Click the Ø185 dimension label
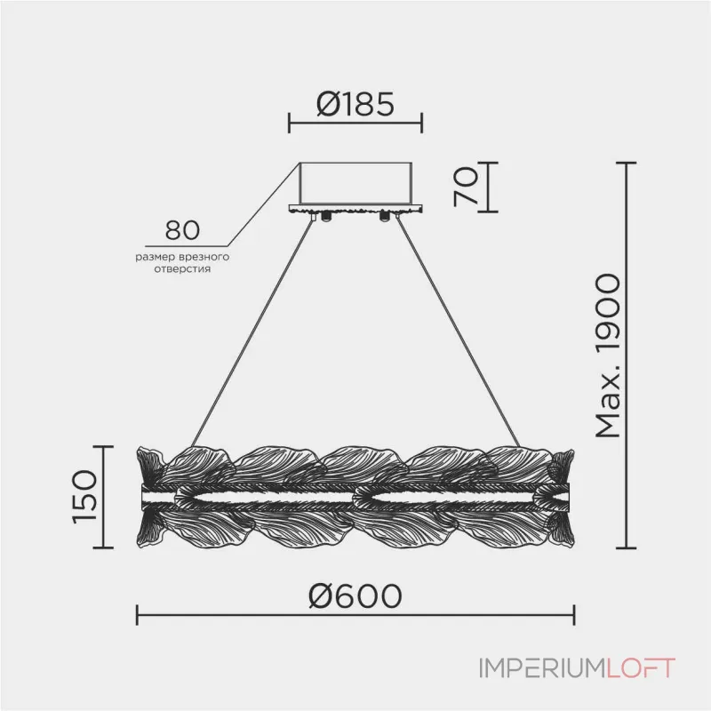pyautogui.click(x=355, y=104)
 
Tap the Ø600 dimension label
pyautogui.click(x=355, y=595)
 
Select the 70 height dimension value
pyautogui.click(x=467, y=187)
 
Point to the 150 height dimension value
pyautogui.click(x=84, y=498)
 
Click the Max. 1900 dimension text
pyautogui.click(x=608, y=356)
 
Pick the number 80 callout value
pyautogui.click(x=182, y=230)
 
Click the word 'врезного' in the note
pyautogui.click(x=204, y=257)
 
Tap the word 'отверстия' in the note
pyautogui.click(x=182, y=269)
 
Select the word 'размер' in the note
pyautogui.click(x=156, y=258)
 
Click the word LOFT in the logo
pyautogui.click(x=640, y=668)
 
